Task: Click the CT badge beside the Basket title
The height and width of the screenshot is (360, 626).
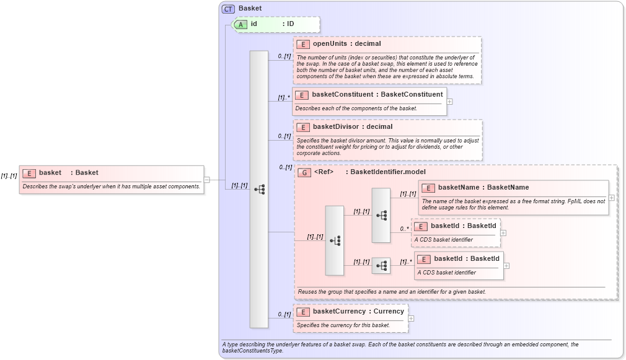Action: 229,8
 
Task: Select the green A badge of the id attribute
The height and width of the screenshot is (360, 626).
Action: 240,24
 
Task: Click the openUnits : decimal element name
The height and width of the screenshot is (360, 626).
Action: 346,44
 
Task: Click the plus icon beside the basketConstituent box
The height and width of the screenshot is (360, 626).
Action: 449,102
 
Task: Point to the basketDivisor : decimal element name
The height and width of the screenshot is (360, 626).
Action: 352,127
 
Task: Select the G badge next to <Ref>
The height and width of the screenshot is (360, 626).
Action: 304,172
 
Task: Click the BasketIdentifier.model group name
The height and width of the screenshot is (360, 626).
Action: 388,172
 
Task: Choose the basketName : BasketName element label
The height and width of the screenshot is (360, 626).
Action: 483,187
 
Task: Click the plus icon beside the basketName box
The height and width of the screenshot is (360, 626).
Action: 612,198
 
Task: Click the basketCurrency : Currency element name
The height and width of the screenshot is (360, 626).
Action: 358,312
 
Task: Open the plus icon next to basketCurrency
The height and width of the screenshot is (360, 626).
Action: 411,318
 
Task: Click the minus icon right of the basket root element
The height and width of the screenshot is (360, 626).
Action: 207,180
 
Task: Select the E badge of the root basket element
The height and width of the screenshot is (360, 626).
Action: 29,173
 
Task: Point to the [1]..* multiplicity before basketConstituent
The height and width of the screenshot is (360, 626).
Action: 284,97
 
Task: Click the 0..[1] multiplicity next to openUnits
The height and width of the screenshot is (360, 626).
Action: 284,56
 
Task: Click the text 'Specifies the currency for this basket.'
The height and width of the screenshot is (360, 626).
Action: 343,325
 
